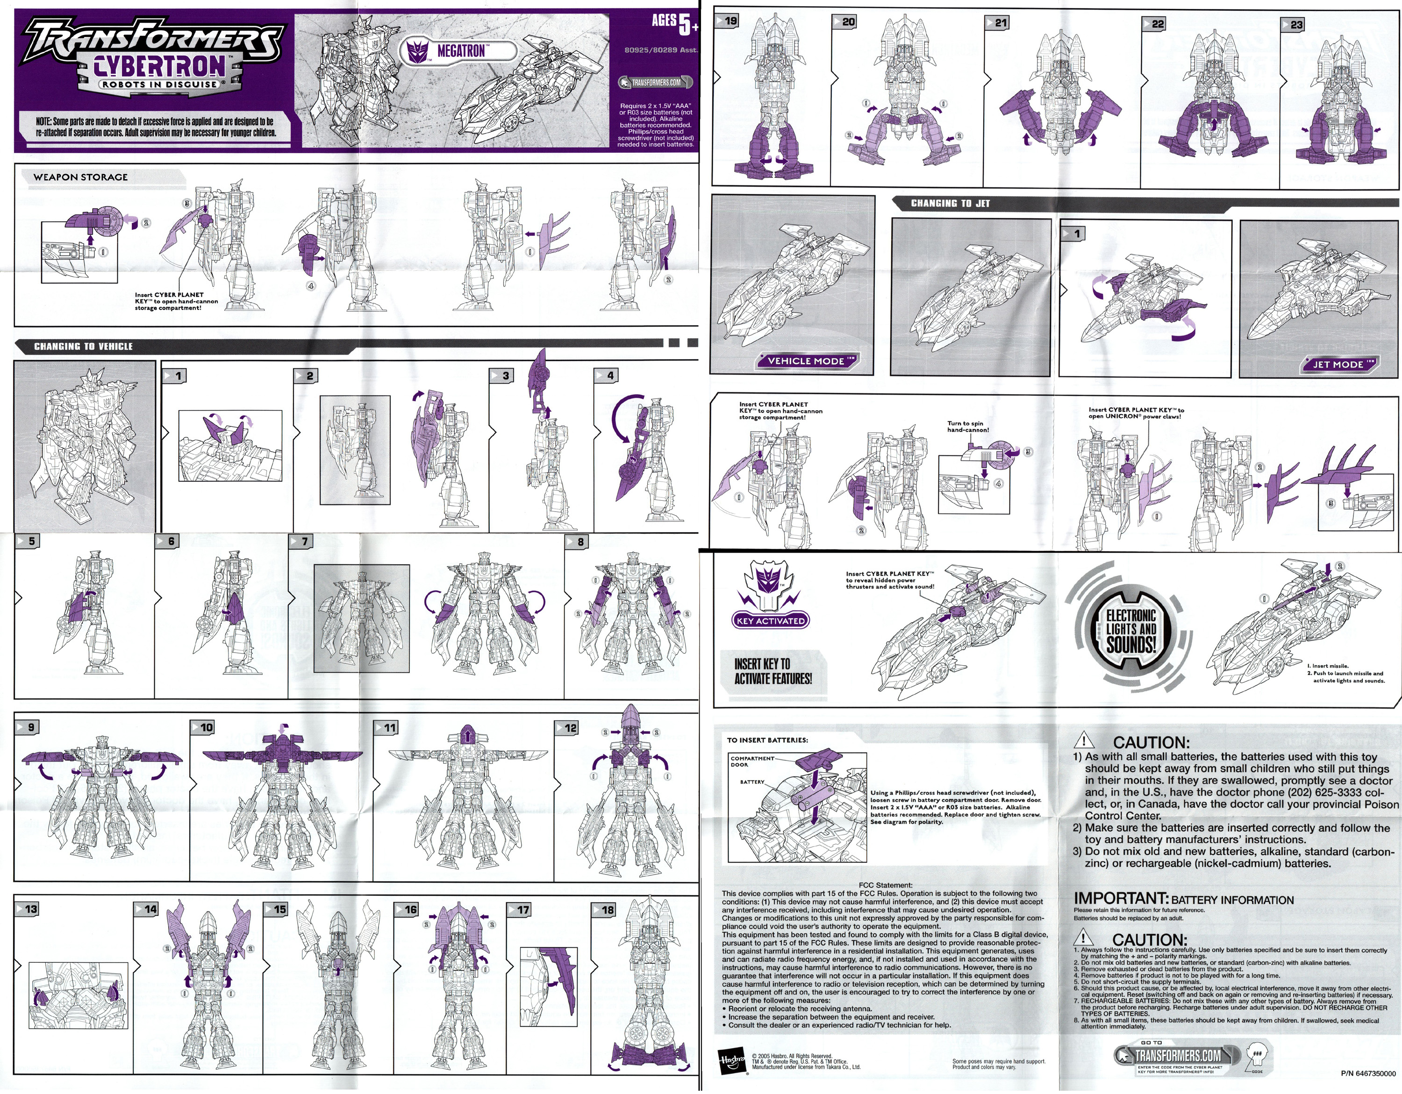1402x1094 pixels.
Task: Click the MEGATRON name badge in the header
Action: pos(460,51)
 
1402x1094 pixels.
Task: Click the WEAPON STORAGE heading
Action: pos(80,177)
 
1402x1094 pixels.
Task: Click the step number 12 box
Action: pos(568,728)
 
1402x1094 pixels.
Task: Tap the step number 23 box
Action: pos(1294,24)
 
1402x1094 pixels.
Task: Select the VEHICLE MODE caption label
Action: pos(806,361)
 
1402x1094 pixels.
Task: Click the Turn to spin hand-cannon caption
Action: pos(967,426)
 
